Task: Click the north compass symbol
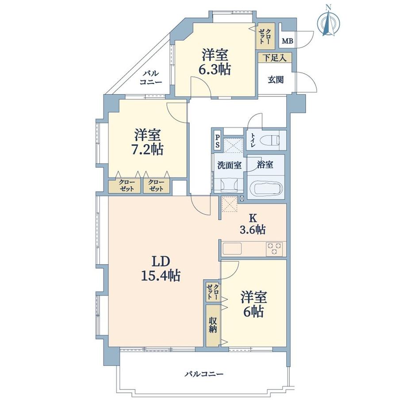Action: [328, 22]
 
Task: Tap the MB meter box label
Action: [287, 42]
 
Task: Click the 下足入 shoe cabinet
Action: [275, 57]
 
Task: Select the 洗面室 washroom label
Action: [229, 165]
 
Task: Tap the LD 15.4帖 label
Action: [161, 269]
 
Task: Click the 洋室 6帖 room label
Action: [253, 304]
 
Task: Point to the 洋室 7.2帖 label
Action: [149, 142]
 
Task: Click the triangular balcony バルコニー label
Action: [150, 78]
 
